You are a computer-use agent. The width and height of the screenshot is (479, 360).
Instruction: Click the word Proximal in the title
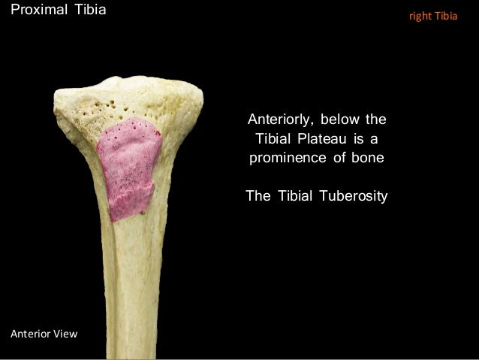tap(33, 11)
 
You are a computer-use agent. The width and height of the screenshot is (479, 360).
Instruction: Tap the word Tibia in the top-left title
tap(89, 11)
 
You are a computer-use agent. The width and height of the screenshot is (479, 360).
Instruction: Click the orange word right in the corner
tap(418, 15)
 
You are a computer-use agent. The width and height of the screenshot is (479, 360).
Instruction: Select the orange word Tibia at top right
tap(444, 15)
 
